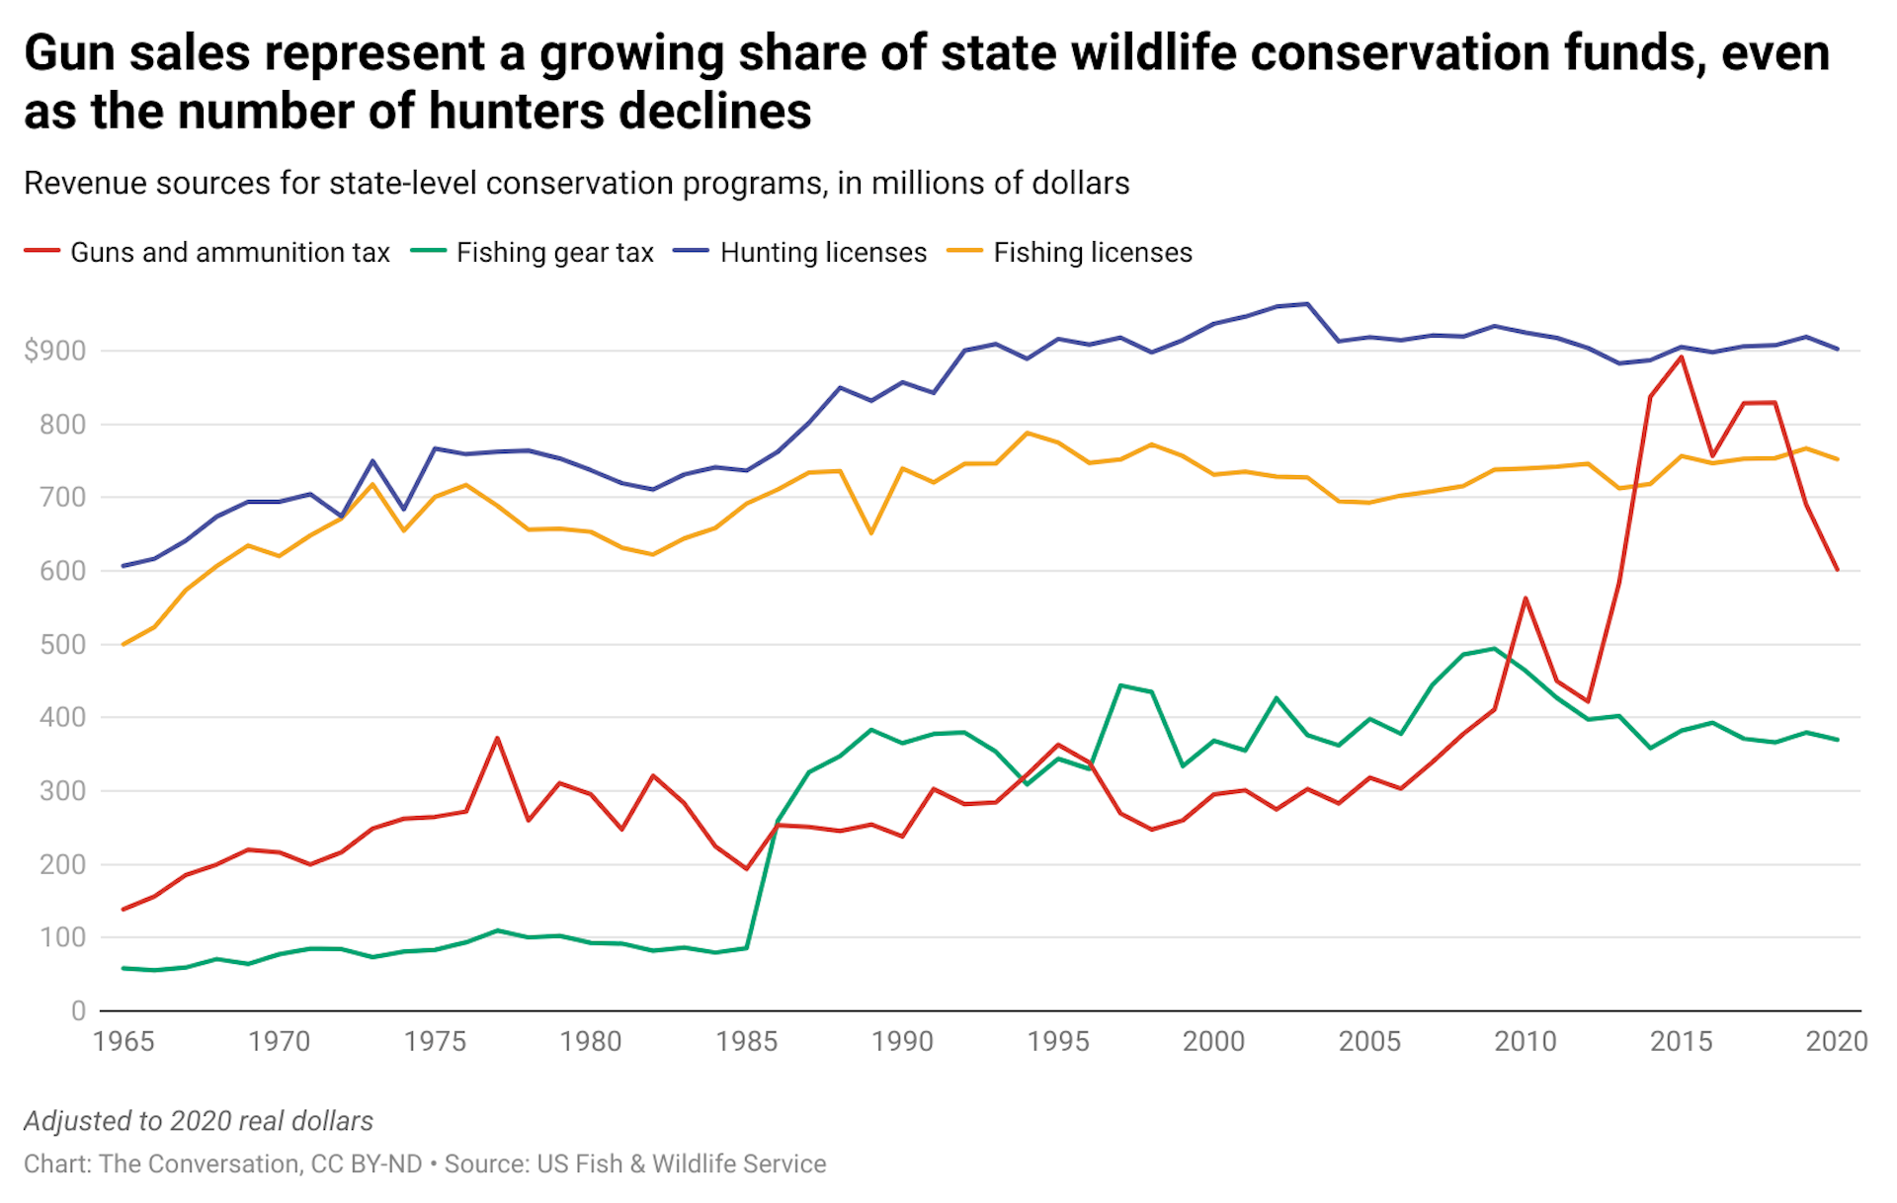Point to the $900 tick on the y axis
click(x=55, y=351)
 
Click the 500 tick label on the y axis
click(x=62, y=644)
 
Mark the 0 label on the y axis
click(x=78, y=1010)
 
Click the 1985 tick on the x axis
click(x=746, y=1042)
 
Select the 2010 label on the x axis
click(x=1525, y=1042)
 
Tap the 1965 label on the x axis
click(x=124, y=1042)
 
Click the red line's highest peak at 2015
click(x=1681, y=357)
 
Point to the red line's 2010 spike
click(x=1526, y=598)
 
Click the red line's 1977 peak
click(x=497, y=738)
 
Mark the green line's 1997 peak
click(x=1120, y=684)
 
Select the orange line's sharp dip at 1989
click(x=870, y=533)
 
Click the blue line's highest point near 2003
click(x=1307, y=304)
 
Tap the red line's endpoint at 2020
click(x=1837, y=570)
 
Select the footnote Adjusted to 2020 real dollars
click(x=199, y=1121)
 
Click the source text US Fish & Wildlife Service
click(x=681, y=1164)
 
